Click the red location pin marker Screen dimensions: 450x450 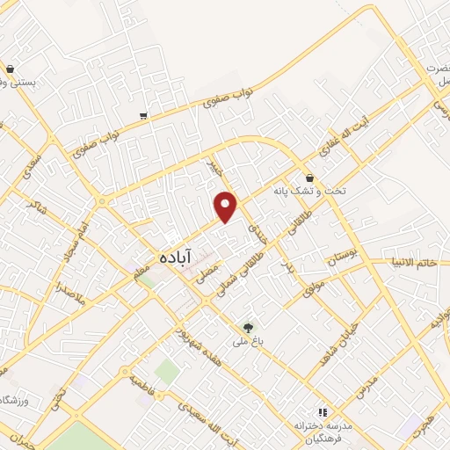pyautogui.click(x=227, y=207)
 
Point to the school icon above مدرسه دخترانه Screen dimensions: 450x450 pyautogui.click(x=322, y=411)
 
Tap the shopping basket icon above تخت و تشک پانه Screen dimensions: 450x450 pyautogui.click(x=309, y=176)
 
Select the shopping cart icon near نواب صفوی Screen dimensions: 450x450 pyautogui.click(x=142, y=115)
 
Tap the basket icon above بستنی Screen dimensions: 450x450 pyautogui.click(x=10, y=68)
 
